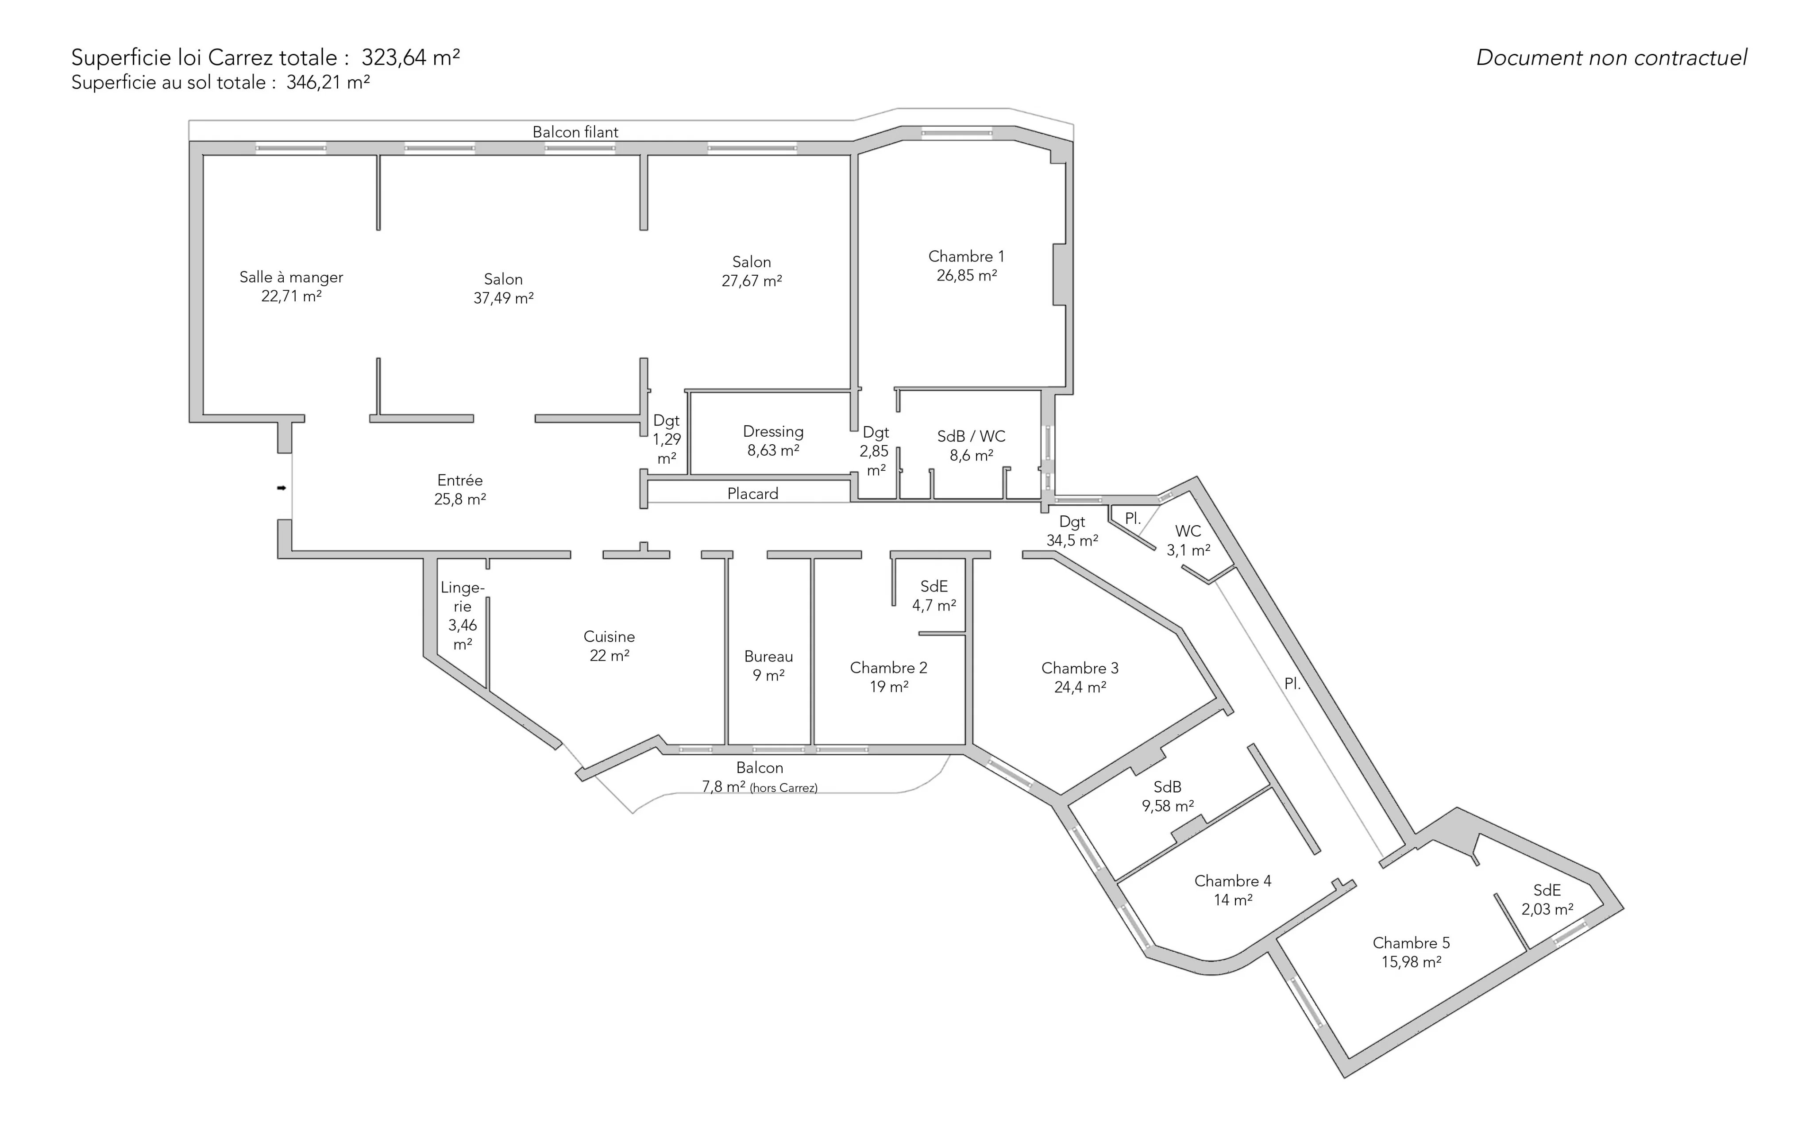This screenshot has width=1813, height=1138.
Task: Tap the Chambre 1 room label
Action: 967,265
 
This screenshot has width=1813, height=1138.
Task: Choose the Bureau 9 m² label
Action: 769,665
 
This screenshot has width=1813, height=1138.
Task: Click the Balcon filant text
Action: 575,132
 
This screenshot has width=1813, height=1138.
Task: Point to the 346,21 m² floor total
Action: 328,82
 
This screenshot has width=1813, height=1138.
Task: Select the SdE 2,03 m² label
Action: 1547,900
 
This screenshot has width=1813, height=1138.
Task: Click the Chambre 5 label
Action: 1411,952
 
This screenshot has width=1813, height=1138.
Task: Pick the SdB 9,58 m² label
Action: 1168,796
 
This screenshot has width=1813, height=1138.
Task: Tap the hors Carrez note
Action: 784,788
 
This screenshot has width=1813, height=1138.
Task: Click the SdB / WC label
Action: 971,446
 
